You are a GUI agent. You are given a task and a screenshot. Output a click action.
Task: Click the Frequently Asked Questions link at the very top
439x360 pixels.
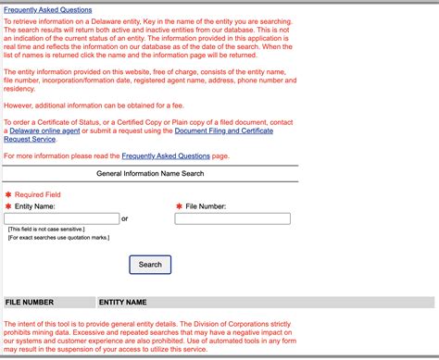[48, 10]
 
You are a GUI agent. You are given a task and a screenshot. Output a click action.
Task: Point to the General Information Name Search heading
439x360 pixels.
[151, 173]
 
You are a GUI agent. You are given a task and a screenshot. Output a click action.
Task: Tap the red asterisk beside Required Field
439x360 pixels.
[8, 194]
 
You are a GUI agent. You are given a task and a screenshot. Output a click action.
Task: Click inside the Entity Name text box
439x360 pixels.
[62, 219]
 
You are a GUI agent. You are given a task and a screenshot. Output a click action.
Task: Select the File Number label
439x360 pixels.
[206, 206]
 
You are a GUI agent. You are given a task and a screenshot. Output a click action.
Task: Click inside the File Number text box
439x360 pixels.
[232, 219]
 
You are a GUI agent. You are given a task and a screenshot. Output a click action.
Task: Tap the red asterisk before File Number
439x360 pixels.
[179, 206]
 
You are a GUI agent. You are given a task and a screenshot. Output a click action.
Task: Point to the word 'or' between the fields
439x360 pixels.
[125, 219]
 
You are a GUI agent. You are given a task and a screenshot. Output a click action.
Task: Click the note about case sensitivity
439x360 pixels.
[46, 229]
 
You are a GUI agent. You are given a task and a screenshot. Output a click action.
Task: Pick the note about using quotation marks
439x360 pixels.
[57, 238]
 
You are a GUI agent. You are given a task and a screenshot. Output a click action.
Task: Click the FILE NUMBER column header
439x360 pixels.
[30, 303]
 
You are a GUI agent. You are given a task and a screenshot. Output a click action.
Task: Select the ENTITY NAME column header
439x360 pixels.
[122, 303]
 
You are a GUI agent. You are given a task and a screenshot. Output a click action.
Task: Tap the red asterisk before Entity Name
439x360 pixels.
[8, 206]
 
